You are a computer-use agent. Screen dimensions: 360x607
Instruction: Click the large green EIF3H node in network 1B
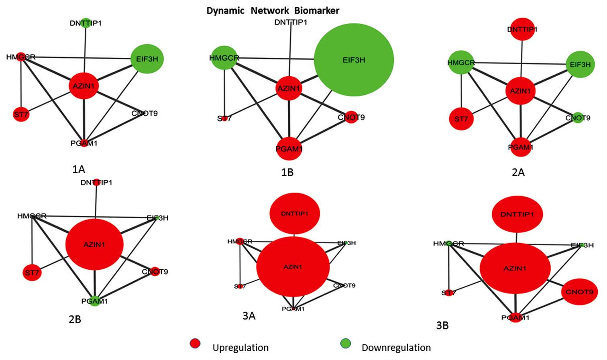(x=354, y=60)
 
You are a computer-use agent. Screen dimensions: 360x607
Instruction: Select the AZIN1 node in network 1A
(x=84, y=85)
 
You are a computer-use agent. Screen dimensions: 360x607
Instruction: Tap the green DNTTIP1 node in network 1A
(x=86, y=23)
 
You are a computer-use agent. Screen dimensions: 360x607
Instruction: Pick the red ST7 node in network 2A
(x=461, y=119)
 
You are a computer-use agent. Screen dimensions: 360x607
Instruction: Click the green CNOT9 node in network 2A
(x=578, y=118)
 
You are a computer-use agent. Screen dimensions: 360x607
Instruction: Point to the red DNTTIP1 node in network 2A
(x=522, y=29)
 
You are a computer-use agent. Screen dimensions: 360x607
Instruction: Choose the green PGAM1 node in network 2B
(x=95, y=301)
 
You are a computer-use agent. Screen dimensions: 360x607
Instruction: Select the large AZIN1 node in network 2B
(x=94, y=244)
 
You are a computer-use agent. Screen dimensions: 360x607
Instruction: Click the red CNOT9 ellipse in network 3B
(x=579, y=292)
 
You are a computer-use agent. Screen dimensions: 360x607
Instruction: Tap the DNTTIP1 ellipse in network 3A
(x=295, y=214)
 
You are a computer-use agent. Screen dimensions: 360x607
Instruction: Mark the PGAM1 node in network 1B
(x=289, y=149)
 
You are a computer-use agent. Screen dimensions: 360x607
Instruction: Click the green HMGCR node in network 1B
(x=224, y=58)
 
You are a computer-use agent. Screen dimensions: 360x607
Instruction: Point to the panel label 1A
(x=79, y=169)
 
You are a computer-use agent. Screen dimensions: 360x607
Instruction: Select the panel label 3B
(x=442, y=325)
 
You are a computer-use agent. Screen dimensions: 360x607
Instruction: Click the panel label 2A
(x=518, y=172)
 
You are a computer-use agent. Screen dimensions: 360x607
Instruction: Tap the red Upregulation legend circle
(x=195, y=344)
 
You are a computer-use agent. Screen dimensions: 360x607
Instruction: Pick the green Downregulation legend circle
(x=345, y=344)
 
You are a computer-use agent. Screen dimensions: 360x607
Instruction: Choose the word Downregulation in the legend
(x=396, y=348)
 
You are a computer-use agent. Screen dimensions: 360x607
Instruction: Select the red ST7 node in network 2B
(x=32, y=273)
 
